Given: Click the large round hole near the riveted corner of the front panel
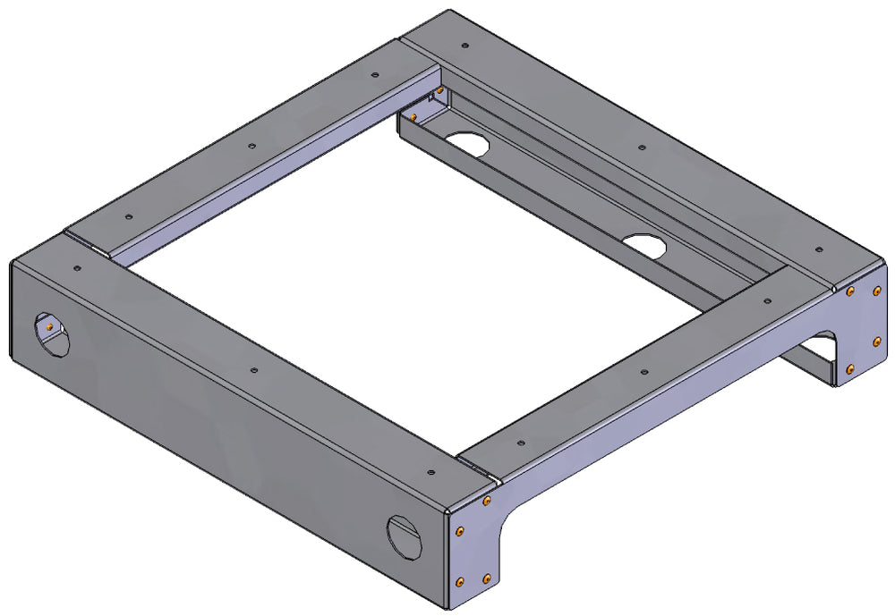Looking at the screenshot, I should [x=402, y=535].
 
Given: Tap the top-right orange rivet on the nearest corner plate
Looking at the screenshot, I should [x=486, y=502].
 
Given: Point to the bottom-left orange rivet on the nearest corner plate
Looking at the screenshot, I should [x=460, y=582].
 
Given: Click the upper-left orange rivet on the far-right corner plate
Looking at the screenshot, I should [x=849, y=291].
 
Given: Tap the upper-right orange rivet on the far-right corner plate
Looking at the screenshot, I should [x=876, y=288].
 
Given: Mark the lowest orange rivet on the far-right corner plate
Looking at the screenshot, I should [x=850, y=369].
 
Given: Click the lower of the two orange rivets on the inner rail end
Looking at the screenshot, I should [x=413, y=116].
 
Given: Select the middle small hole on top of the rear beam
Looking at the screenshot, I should [x=641, y=147].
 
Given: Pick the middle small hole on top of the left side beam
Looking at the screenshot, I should [x=252, y=143].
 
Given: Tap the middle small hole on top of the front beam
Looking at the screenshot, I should [x=254, y=369].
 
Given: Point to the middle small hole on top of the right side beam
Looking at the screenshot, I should [x=644, y=368].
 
